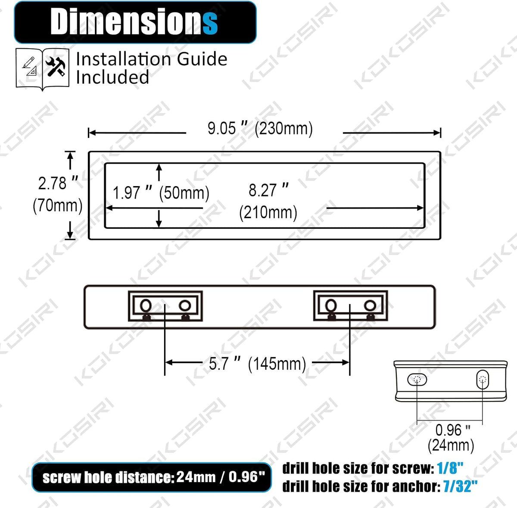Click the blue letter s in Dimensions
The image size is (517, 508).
pyautogui.click(x=210, y=24)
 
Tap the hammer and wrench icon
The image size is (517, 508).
pyautogui.click(x=56, y=67)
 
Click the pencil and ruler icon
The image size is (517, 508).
pyautogui.click(x=30, y=66)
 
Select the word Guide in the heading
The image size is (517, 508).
pyautogui.click(x=202, y=59)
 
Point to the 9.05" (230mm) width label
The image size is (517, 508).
pyautogui.click(x=260, y=128)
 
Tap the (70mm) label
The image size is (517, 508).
pyautogui.click(x=57, y=206)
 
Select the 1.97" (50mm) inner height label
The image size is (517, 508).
pyautogui.click(x=161, y=193)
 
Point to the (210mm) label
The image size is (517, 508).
pyautogui.click(x=268, y=212)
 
